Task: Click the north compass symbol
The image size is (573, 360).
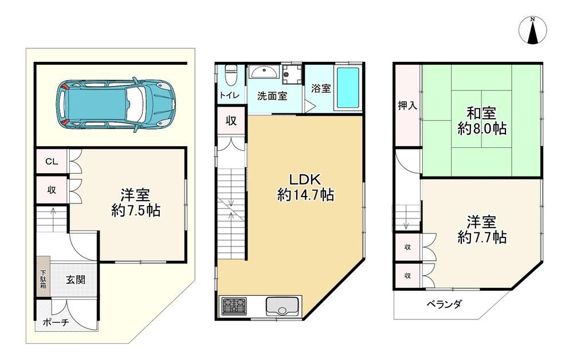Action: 533,30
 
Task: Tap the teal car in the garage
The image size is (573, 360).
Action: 116,104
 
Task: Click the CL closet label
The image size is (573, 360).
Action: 52,161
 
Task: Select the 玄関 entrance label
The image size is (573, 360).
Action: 76,280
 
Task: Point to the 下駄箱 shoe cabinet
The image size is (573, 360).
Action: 43,277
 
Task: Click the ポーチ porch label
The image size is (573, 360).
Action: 56,322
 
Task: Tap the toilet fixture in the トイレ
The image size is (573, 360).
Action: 230,75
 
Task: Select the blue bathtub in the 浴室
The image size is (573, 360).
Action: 348,88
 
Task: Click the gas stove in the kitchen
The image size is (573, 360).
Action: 234,306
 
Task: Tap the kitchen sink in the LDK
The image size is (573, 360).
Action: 282,306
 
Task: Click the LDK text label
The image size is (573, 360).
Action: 305,179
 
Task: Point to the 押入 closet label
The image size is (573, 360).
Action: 407,106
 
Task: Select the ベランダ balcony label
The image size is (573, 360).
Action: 445,304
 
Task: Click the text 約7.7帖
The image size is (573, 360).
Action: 482,238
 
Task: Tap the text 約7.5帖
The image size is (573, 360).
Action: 136,210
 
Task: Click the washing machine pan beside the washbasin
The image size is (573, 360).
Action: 292,75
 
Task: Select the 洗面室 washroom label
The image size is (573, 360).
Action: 272,96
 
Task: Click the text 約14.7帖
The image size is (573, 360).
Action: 305,195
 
